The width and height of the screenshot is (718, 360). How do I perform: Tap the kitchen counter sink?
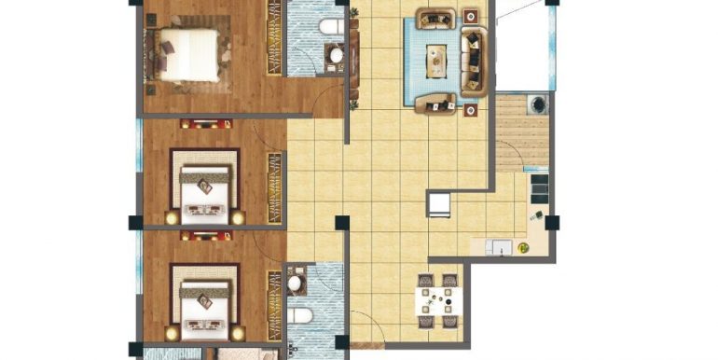pyautogui.click(x=500, y=248)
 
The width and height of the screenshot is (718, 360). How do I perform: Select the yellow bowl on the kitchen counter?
pyautogui.click(x=524, y=248)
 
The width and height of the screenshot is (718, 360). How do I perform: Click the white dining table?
pyautogui.click(x=436, y=300)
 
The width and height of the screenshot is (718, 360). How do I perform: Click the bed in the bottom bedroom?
pyautogui.click(x=204, y=300)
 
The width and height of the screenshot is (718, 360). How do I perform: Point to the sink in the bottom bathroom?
pyautogui.click(x=296, y=281)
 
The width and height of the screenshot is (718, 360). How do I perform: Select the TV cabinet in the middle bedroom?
pyautogui.click(x=200, y=124)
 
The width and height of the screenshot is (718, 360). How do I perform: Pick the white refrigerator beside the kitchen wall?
pyautogui.click(x=438, y=202)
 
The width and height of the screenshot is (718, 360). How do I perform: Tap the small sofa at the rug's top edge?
pyautogui.click(x=435, y=17)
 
